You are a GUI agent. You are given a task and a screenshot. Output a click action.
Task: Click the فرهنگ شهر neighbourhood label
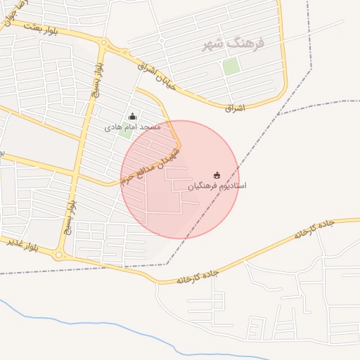coord(233,44)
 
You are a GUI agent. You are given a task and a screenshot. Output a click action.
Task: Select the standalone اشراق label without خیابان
coord(234,108)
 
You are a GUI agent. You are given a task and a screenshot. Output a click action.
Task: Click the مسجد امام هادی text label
coord(133,127)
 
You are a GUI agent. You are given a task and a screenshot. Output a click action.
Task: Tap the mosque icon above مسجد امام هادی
coord(132,116)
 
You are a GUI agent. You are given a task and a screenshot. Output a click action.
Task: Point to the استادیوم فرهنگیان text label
coord(217,186)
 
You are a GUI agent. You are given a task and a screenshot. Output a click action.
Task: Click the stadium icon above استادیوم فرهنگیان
coord(217,175)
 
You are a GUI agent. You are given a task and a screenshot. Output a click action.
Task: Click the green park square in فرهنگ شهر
coord(231,67)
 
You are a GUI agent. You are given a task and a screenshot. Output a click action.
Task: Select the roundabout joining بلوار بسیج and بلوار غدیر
coord(61,255)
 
